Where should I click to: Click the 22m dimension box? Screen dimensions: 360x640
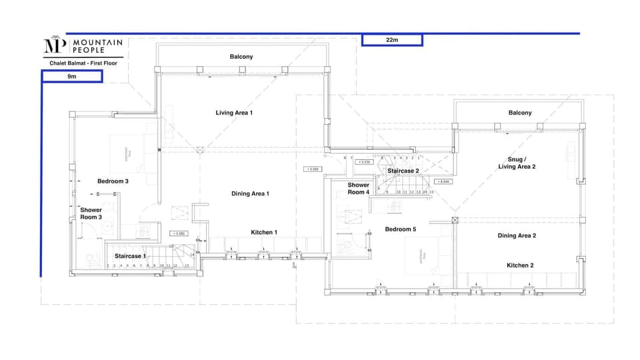tap(392, 40)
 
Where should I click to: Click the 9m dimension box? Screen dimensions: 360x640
tap(72, 77)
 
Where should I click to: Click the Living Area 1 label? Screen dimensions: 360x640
tap(234, 113)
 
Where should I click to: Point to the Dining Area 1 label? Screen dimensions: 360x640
tap(250, 194)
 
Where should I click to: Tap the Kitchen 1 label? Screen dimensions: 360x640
tap(264, 232)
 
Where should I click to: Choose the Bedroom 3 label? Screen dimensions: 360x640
tap(113, 181)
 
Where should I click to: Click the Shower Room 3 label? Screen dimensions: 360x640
tap(91, 213)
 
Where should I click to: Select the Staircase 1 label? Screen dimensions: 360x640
tap(130, 256)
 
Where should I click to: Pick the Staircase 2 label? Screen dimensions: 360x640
tap(403, 171)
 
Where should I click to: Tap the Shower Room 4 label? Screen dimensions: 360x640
tap(358, 189)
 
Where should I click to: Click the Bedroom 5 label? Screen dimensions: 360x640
tap(401, 229)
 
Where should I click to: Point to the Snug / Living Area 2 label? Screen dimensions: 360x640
tap(517, 163)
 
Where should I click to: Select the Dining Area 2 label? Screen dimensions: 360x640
tap(517, 235)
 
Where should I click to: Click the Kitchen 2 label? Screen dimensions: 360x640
tap(521, 265)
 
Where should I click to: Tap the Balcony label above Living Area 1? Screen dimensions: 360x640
tap(241, 57)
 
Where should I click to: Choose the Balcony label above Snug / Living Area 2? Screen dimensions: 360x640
tap(520, 113)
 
